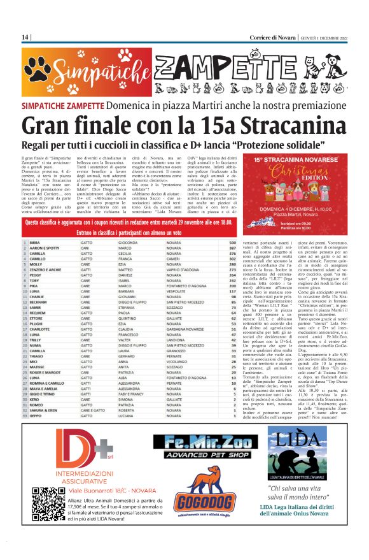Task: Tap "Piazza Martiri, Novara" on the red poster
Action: pos(298,215)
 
